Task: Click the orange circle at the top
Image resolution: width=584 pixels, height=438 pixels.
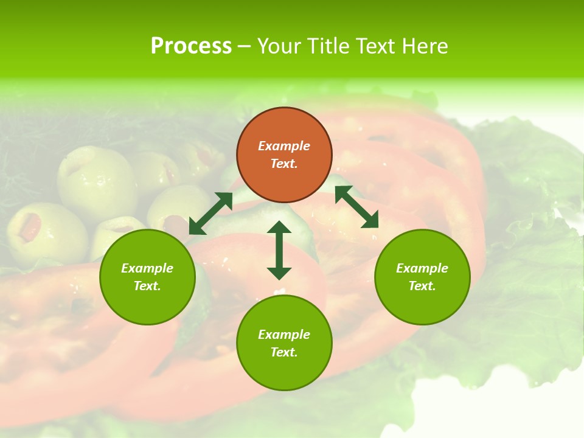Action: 284,155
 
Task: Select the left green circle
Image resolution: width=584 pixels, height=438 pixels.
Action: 147,277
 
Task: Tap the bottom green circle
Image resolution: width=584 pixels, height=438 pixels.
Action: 284,343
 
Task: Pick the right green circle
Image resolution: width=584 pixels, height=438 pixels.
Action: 422,277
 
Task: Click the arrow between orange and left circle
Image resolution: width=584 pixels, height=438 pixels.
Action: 210,213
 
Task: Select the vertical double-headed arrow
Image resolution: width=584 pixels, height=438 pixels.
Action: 279,250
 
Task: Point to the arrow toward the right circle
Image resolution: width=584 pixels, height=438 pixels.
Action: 356,207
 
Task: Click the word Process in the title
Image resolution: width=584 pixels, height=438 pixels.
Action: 191,46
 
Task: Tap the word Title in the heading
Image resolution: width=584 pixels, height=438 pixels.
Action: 326,46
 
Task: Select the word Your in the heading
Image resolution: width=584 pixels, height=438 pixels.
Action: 279,46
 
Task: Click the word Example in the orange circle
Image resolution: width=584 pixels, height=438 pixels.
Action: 284,146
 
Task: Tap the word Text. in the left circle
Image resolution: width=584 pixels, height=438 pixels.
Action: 147,286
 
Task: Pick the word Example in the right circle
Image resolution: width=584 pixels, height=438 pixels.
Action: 422,268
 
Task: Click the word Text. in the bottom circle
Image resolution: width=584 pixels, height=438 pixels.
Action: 284,352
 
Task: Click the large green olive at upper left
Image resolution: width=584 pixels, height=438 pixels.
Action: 97,182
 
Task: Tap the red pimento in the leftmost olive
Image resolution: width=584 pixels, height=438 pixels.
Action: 30,228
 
